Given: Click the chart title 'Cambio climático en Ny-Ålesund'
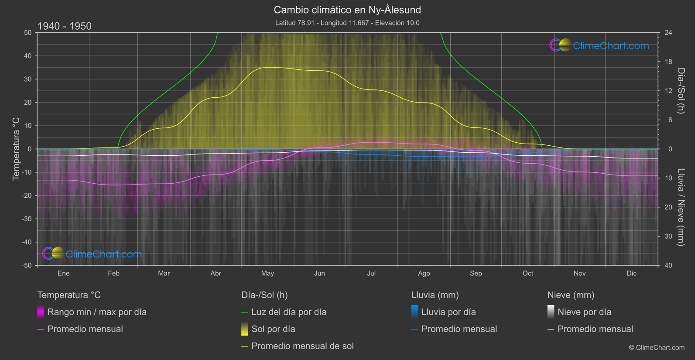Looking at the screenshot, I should coord(347,10).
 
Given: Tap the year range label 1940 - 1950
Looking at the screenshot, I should coord(65,26).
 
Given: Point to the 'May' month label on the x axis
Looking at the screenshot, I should coord(267,273).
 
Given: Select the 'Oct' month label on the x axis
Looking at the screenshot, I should coord(527,273).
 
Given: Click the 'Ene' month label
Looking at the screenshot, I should coord(63,273).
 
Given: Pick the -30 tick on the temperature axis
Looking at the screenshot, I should coord(27,219).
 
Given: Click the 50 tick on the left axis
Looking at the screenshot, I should coord(28,33).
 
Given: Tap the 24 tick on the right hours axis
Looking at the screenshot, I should coord(668,33).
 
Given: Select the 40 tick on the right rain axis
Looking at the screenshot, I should coord(668,265).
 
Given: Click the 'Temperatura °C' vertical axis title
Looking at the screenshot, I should coord(16,148).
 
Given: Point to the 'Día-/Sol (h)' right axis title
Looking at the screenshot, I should coord(681,90).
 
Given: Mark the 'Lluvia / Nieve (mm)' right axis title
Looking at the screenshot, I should coord(681,207).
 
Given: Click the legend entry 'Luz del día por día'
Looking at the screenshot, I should coord(288,312).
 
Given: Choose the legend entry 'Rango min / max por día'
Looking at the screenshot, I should coord(96,312).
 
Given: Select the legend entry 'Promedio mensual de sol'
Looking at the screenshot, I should coord(302,346).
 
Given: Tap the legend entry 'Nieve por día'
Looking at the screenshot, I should coord(584,312).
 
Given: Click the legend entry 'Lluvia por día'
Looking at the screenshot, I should coord(448,312).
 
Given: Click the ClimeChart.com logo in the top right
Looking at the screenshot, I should coord(599,45).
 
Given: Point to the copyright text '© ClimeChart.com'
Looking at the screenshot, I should coord(657,347).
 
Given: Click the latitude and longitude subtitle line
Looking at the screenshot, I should coord(347,23).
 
